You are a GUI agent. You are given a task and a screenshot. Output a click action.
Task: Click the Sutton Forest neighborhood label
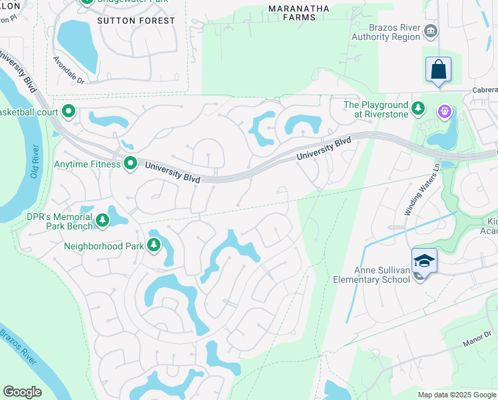(136, 21)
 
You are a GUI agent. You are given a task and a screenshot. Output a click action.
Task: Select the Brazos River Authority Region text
(395, 32)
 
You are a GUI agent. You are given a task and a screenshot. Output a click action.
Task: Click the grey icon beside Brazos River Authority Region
(431, 31)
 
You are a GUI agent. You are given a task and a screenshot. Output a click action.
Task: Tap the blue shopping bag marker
(438, 69)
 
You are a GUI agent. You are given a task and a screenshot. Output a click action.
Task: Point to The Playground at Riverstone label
(375, 109)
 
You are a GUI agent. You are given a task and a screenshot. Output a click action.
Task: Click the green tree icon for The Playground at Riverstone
(418, 107)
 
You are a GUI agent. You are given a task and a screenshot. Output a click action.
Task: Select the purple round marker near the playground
(444, 111)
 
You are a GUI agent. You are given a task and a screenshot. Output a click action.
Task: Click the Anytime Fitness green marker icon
(130, 163)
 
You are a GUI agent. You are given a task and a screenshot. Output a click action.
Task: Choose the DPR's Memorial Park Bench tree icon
(103, 219)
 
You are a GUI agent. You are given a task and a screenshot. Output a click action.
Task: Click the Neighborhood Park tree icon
(154, 246)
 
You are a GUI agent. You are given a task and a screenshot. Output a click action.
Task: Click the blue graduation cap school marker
(424, 261)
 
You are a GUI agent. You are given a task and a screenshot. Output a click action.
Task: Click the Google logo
(23, 392)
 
